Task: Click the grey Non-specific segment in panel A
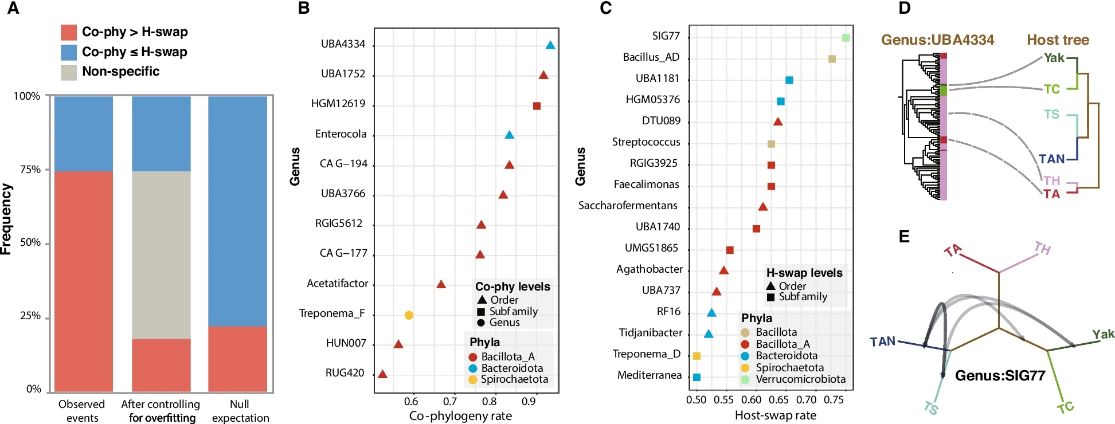161,255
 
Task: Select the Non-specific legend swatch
69,72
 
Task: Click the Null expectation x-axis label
240,411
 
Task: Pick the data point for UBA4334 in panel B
550,45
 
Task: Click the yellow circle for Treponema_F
409,315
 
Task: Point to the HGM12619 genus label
338,104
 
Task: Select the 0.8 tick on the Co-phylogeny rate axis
490,402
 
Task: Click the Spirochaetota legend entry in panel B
514,379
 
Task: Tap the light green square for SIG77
846,38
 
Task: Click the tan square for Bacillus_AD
832,59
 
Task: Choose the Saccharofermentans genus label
628,206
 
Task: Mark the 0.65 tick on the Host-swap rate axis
778,399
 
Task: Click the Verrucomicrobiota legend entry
800,379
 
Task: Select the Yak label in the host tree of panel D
1054,58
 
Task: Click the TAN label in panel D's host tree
1051,159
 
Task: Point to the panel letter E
904,236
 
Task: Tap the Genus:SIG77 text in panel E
1000,376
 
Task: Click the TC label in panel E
1065,408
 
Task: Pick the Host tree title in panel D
1058,40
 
